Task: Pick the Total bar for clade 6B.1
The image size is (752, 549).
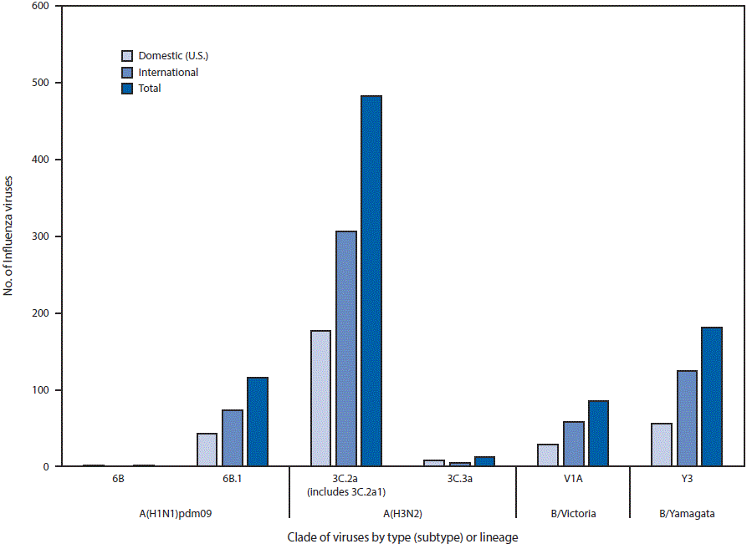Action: tap(258, 422)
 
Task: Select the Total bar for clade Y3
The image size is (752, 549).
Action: tap(712, 397)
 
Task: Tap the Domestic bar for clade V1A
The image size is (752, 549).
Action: tap(548, 455)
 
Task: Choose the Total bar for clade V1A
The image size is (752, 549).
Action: tap(598, 434)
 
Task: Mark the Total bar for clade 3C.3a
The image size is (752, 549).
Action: tap(484, 461)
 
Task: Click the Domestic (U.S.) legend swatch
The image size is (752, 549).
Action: tap(127, 56)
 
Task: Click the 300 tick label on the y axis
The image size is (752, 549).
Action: tap(39, 236)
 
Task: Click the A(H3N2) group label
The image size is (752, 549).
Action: tap(402, 513)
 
